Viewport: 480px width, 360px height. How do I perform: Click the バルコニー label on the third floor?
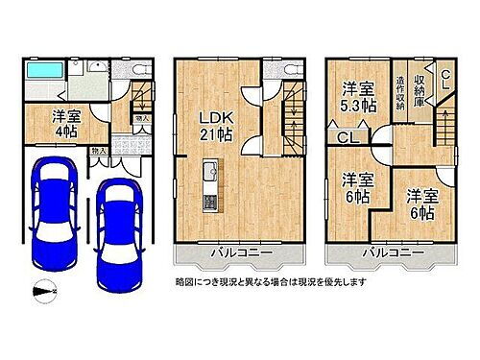pos(391,252)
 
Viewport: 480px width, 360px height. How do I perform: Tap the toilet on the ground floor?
pos(136,72)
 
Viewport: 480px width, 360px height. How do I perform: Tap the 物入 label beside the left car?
pos(98,152)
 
